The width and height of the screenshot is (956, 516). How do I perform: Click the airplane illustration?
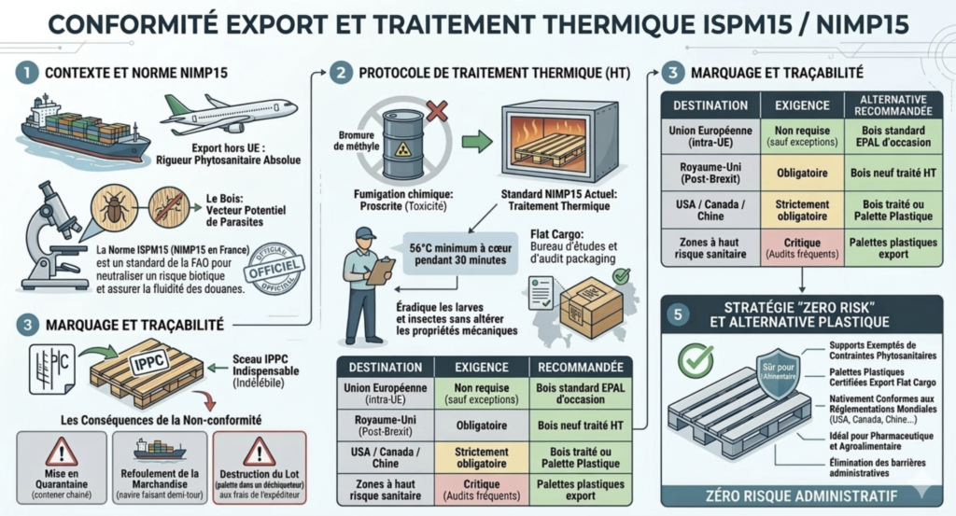tap(229, 113)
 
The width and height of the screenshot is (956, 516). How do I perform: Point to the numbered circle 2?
tap(343, 73)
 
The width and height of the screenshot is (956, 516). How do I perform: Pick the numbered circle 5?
tap(677, 314)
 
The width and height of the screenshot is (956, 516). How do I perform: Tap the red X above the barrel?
tap(435, 112)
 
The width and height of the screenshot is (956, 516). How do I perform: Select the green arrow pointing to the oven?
tap(476, 143)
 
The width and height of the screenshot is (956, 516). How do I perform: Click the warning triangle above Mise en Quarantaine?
tap(61, 451)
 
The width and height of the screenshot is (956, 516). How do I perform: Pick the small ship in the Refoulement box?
tap(160, 449)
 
